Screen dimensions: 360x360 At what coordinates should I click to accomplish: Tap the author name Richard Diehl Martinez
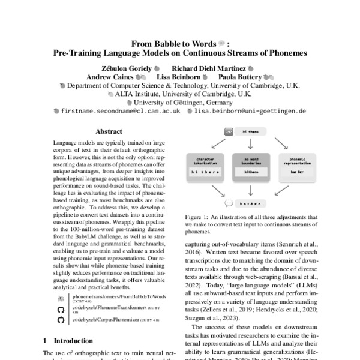[210, 68]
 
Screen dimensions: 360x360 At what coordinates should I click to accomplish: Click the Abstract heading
[109, 131]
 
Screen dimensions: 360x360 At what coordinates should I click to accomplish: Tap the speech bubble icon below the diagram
[229, 203]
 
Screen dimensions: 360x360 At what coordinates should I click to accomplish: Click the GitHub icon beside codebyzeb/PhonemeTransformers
[60, 310]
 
